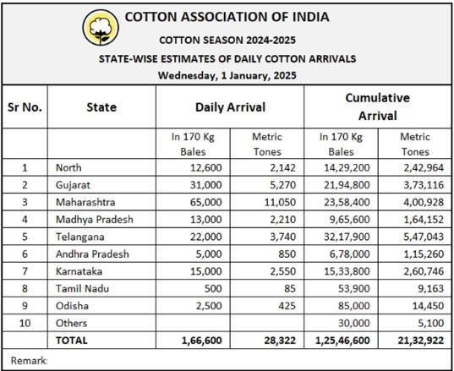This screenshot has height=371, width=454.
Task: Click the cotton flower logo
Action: click(x=101, y=28)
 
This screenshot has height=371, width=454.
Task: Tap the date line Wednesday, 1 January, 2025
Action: click(x=227, y=75)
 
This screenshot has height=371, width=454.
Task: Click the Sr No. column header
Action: click(x=25, y=107)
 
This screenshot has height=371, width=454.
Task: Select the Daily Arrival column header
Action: click(x=230, y=107)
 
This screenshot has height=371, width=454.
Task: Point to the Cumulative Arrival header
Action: click(x=378, y=106)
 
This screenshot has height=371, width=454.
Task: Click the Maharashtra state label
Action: click(x=85, y=202)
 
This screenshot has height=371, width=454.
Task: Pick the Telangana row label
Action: click(x=80, y=237)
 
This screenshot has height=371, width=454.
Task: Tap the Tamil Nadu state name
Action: click(x=82, y=288)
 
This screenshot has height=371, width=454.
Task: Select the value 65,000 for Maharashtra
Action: click(x=205, y=202)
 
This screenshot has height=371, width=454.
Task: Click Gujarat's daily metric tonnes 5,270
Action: click(x=283, y=185)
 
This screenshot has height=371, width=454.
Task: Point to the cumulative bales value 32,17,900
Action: click(x=347, y=237)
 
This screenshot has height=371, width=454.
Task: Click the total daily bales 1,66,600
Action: click(x=202, y=341)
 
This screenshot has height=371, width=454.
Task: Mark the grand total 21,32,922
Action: click(x=421, y=341)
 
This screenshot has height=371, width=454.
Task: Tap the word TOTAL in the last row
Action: click(x=72, y=341)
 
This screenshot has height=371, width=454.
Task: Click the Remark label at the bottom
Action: click(x=29, y=361)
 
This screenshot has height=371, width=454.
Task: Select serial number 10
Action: click(x=25, y=323)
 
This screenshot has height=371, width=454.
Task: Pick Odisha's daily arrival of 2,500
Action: click(x=209, y=306)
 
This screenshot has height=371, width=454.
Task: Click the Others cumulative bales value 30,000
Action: click(x=354, y=323)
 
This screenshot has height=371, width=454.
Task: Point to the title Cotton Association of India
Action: click(x=227, y=17)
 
